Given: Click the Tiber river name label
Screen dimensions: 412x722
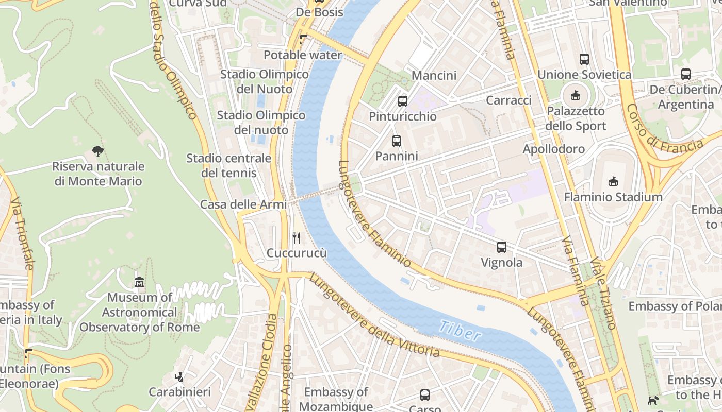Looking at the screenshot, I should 460,331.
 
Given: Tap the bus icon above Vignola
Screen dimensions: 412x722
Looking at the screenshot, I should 502,247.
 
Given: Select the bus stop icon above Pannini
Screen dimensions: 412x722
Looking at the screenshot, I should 396,141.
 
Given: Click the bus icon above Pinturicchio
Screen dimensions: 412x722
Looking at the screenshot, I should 403,101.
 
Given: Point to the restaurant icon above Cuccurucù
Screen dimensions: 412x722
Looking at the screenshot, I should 297,237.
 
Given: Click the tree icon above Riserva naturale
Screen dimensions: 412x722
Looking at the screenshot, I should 97,151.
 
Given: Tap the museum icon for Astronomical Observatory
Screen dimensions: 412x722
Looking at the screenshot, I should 139,282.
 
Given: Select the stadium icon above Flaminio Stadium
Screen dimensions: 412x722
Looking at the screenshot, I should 613,181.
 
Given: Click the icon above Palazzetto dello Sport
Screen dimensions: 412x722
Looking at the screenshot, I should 576,95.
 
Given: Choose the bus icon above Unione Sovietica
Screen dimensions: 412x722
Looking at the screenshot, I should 584,59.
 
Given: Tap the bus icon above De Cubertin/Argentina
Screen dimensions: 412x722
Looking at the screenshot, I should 685,74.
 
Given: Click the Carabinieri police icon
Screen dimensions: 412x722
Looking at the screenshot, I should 179,377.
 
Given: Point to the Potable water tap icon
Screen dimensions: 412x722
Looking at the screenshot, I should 303,40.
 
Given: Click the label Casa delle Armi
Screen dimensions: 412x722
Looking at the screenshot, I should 243,204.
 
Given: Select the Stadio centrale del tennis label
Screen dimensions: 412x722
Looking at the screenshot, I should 228,165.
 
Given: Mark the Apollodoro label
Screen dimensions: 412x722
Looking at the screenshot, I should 553,149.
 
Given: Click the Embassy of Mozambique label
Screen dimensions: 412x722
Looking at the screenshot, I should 336,399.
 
